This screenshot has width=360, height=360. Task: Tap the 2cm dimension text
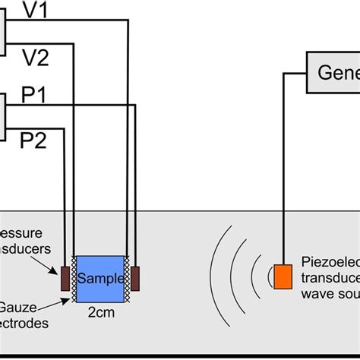pyautogui.click(x=101, y=311)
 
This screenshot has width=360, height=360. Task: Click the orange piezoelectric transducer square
pyautogui.click(x=283, y=275)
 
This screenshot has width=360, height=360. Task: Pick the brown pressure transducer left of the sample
pyautogui.click(x=65, y=279)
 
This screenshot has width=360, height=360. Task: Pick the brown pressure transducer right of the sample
pyautogui.click(x=136, y=278)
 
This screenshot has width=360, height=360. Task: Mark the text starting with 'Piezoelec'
pyautogui.click(x=332, y=261)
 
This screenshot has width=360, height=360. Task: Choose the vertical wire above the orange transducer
pyautogui.click(x=283, y=167)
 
